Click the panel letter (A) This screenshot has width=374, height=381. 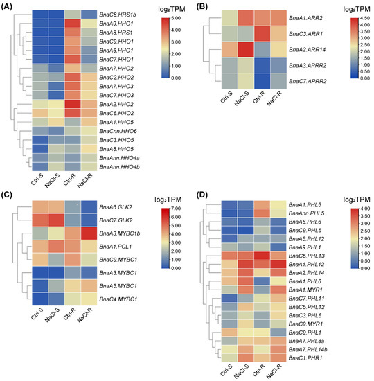(10, 5)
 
